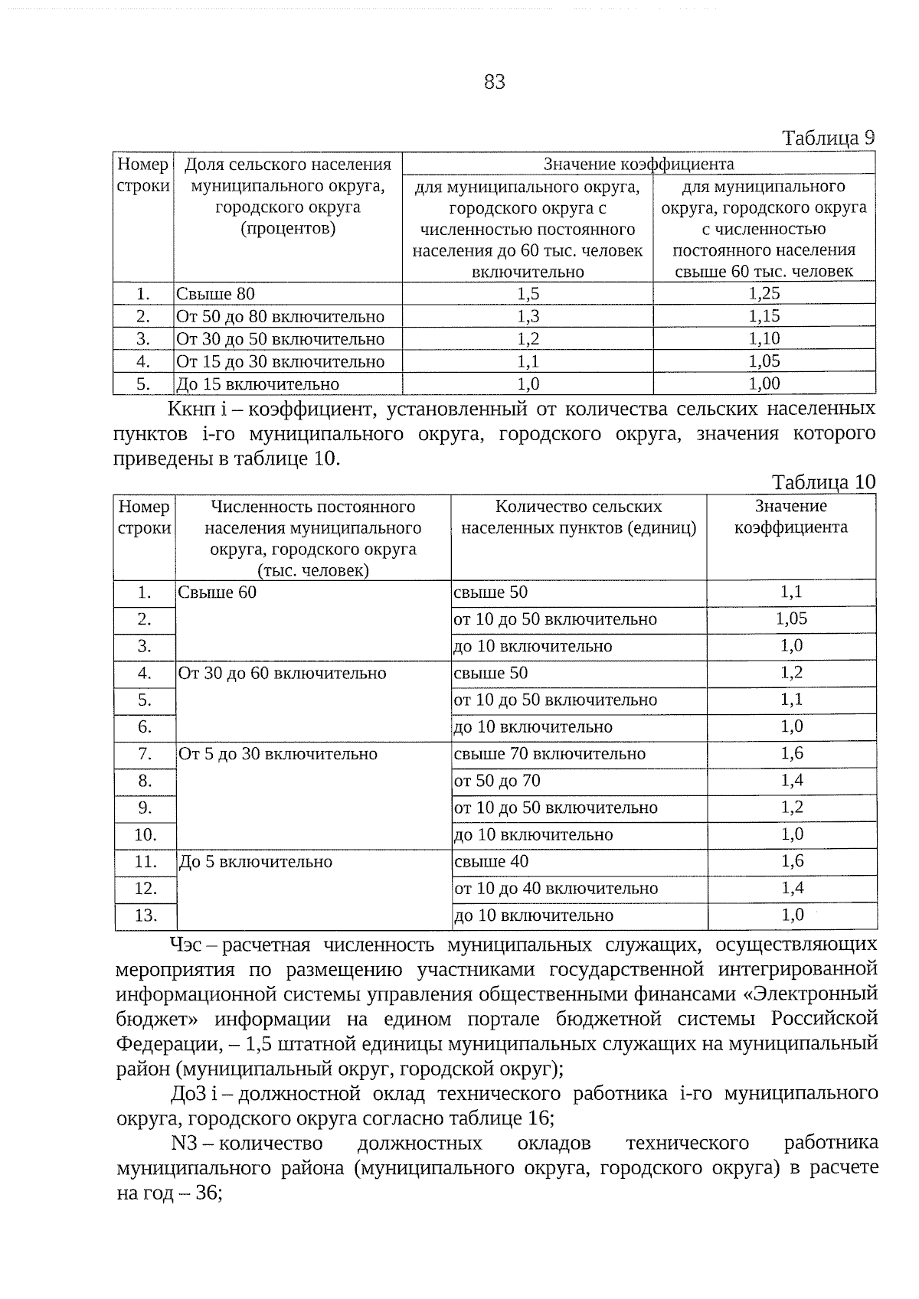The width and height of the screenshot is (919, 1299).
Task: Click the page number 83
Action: (x=495, y=82)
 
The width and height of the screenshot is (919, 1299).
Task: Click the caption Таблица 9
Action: (x=827, y=138)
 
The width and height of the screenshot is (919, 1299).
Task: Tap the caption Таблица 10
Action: (x=823, y=482)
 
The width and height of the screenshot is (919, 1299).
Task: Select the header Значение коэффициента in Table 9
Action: (x=638, y=164)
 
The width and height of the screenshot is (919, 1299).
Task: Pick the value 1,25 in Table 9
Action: (x=764, y=293)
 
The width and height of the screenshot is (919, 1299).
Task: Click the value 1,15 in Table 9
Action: (x=764, y=316)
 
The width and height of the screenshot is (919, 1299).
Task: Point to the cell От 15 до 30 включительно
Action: (x=280, y=361)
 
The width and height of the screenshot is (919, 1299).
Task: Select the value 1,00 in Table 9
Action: (x=764, y=383)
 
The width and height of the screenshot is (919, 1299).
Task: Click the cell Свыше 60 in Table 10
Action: (x=217, y=592)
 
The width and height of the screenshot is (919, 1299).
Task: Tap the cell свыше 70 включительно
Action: (x=550, y=754)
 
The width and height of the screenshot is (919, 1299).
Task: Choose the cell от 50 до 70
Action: (x=497, y=781)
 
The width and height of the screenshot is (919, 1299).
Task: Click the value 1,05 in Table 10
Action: (x=791, y=619)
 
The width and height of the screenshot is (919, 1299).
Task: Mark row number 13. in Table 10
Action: (x=145, y=916)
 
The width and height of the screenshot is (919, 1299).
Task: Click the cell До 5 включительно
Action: (x=256, y=862)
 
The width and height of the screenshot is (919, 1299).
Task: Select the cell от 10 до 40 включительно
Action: (x=556, y=889)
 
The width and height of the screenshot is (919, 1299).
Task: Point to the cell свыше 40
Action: (x=491, y=862)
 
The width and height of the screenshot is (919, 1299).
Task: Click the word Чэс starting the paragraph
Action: (x=186, y=945)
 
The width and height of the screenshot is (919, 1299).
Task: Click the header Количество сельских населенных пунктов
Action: (x=578, y=517)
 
